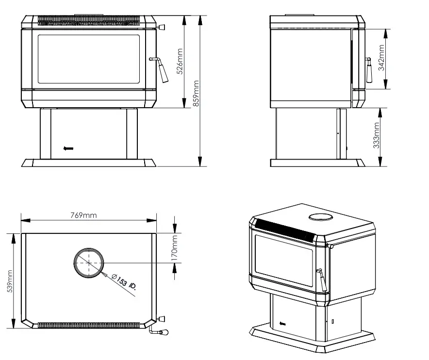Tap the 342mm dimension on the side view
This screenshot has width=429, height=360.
[381, 58]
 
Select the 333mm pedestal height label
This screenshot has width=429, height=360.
[377, 136]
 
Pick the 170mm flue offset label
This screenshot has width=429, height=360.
[175, 247]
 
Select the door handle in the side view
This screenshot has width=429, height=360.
[368, 70]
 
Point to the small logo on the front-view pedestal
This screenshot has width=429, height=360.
[68, 149]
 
